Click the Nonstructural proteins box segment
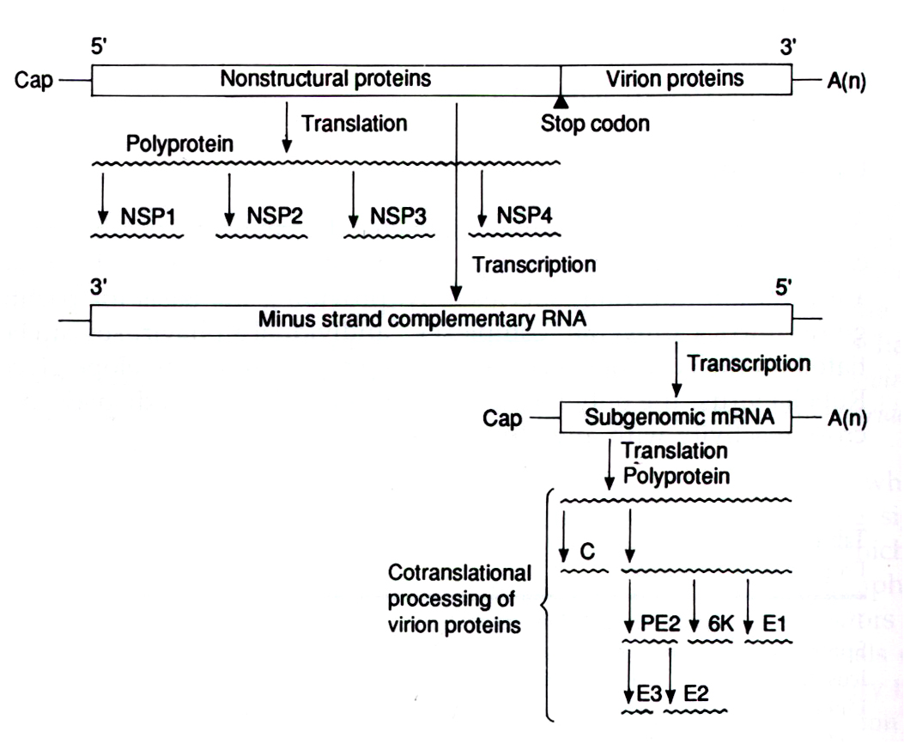tap(325, 80)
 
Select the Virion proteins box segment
tap(676, 80)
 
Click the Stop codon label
tap(595, 125)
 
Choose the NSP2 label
tap(275, 215)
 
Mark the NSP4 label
tap(525, 215)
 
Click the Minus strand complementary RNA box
tap(441, 320)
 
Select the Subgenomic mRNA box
tap(677, 418)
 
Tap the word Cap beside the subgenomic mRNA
tap(502, 419)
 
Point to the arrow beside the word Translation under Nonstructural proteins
tap(286, 133)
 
